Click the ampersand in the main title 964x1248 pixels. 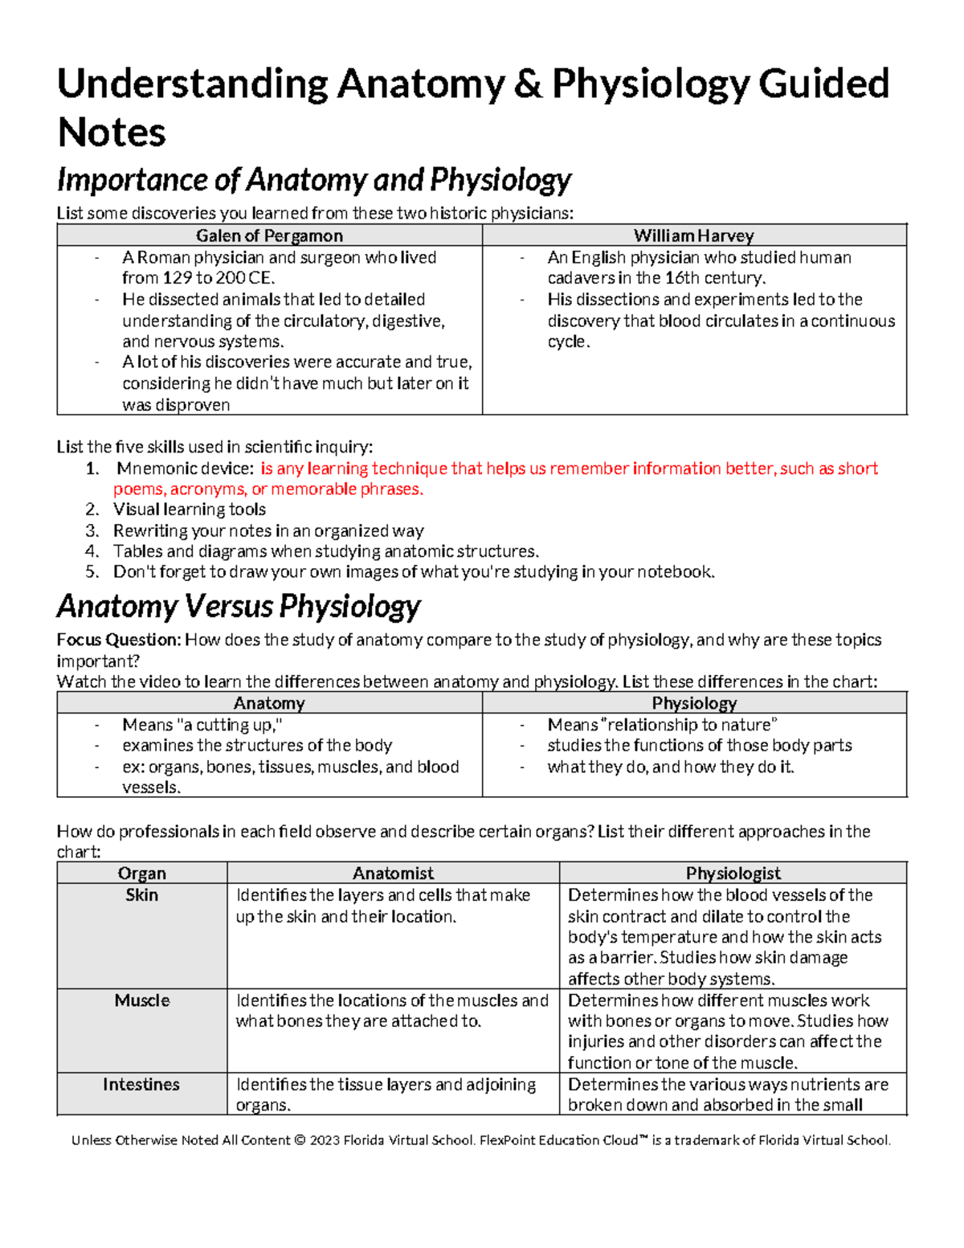528,84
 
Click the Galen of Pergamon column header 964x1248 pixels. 269,235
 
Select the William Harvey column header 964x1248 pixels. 694,235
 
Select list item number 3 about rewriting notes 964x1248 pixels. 268,530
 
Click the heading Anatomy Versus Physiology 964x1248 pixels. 239,605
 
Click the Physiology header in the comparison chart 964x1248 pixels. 694,703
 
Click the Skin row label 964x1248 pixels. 142,894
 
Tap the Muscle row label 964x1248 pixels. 142,1000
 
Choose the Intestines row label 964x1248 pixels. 141,1084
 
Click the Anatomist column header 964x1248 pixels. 393,873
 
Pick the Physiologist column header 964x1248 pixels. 733,873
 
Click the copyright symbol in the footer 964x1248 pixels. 300,1140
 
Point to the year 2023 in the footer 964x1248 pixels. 325,1140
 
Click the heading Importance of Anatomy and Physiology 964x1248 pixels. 314,180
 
